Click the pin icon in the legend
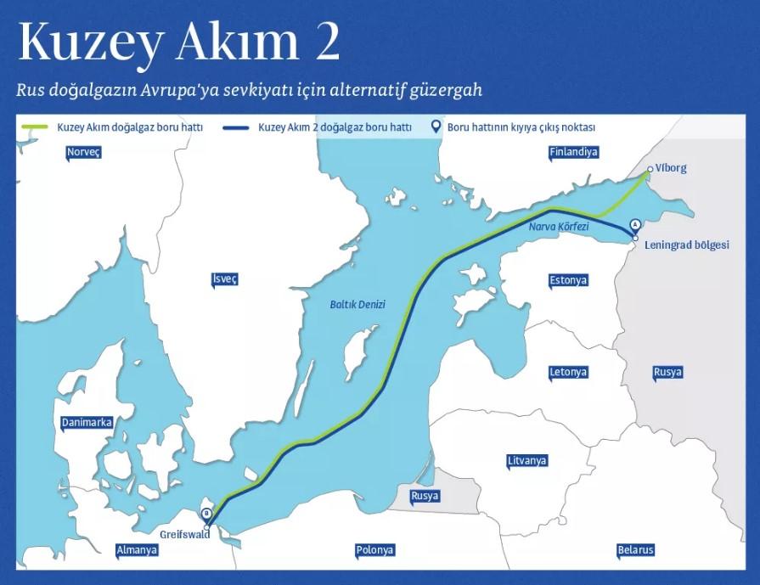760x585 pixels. tap(436, 127)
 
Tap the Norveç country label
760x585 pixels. tap(83, 152)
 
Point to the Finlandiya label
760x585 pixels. tap(574, 152)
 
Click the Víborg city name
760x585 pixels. tap(671, 168)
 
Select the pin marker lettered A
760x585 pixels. tap(635, 225)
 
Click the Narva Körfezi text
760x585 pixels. tap(558, 228)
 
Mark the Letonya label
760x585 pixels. tap(568, 372)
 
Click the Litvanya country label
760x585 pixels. tap(526, 460)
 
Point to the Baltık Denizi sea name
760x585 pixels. tap(357, 304)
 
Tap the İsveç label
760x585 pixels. tap(225, 279)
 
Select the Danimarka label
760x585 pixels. tap(87, 422)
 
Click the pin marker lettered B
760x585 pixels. tap(206, 514)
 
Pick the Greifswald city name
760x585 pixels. tap(184, 535)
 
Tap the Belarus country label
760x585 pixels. tap(635, 549)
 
